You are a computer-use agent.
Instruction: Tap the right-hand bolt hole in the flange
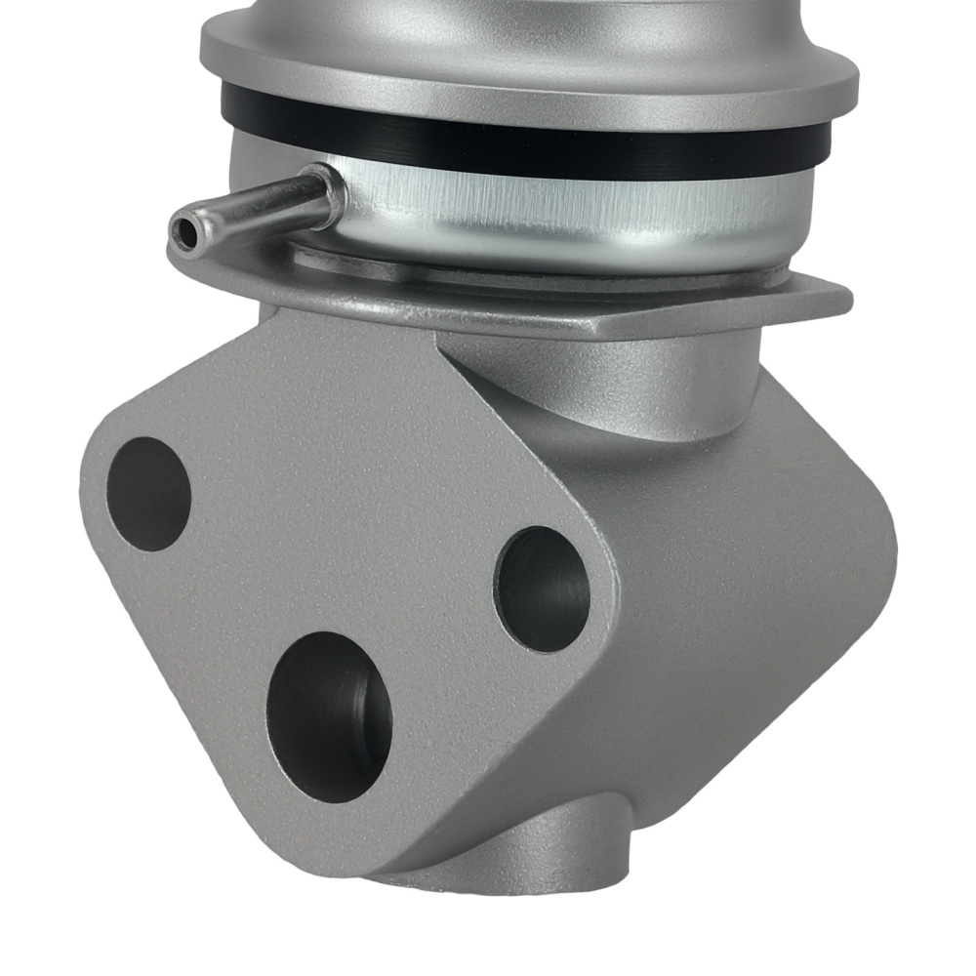[542, 589]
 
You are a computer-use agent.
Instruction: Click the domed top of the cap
[527, 15]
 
